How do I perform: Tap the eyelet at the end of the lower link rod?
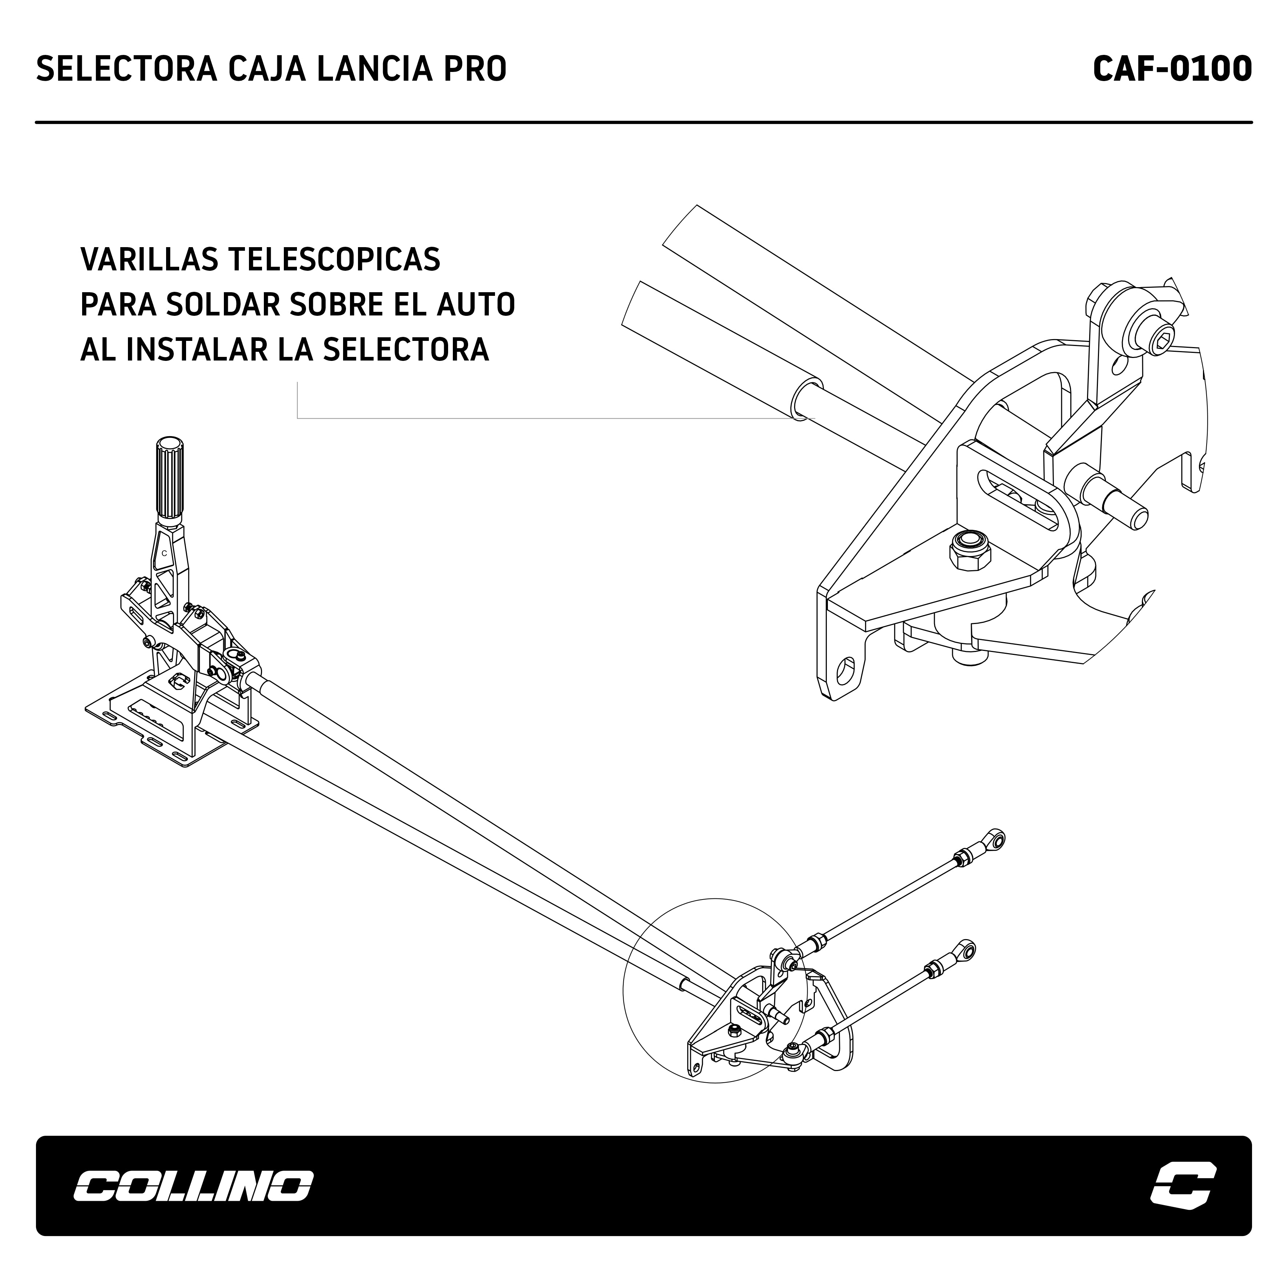pos(966,949)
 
